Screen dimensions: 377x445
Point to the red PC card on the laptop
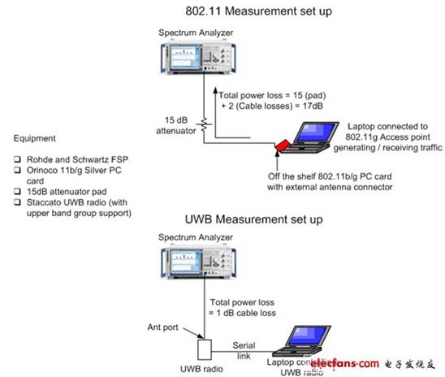(283, 145)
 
